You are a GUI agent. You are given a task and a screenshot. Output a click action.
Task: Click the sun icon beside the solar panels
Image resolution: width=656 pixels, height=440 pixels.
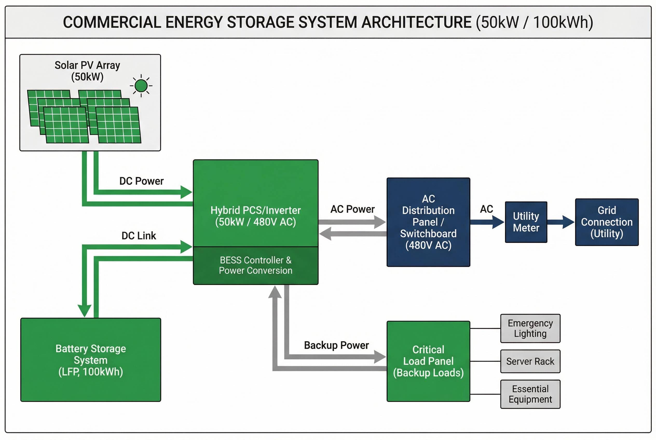click(141, 86)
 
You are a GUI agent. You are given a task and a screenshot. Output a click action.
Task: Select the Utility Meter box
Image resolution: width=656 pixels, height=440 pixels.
click(526, 222)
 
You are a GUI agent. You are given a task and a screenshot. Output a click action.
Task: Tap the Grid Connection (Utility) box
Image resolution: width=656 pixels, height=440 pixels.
click(606, 222)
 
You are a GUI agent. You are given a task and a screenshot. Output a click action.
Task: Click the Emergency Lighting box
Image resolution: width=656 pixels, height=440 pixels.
click(530, 328)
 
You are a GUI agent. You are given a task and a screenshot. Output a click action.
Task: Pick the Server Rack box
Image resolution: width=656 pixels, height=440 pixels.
click(530, 361)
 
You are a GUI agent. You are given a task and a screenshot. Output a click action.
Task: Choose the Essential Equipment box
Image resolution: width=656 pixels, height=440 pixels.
click(530, 394)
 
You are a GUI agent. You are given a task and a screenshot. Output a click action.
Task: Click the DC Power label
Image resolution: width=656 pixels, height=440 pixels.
click(141, 181)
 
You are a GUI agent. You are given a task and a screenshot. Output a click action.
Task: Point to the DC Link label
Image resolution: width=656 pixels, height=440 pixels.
click(139, 236)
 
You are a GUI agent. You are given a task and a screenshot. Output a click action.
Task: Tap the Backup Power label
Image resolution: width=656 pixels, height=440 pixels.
click(336, 345)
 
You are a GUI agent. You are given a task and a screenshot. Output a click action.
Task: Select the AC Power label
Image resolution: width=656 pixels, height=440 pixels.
click(352, 209)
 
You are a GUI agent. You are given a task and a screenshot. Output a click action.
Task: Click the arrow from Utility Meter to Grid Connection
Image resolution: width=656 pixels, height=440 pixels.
click(560, 222)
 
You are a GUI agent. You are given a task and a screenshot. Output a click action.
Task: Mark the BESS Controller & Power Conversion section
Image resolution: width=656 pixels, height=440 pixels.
click(255, 265)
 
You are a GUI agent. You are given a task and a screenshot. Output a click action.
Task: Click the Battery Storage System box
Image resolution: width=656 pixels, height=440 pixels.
click(91, 360)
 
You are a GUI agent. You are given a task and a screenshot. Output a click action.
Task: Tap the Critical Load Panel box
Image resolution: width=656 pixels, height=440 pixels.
click(428, 361)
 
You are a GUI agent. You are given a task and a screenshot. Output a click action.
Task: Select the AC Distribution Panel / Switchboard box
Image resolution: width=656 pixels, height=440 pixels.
click(428, 222)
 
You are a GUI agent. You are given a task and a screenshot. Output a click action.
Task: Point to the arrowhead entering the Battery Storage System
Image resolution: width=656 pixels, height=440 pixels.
click(85, 311)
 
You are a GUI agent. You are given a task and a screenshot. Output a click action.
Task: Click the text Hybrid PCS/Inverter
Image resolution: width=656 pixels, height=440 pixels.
click(255, 210)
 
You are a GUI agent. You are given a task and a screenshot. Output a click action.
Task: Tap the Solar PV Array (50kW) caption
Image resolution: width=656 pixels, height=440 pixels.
click(87, 71)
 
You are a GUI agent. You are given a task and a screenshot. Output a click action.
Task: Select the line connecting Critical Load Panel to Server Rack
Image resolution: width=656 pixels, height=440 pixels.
click(485, 361)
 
